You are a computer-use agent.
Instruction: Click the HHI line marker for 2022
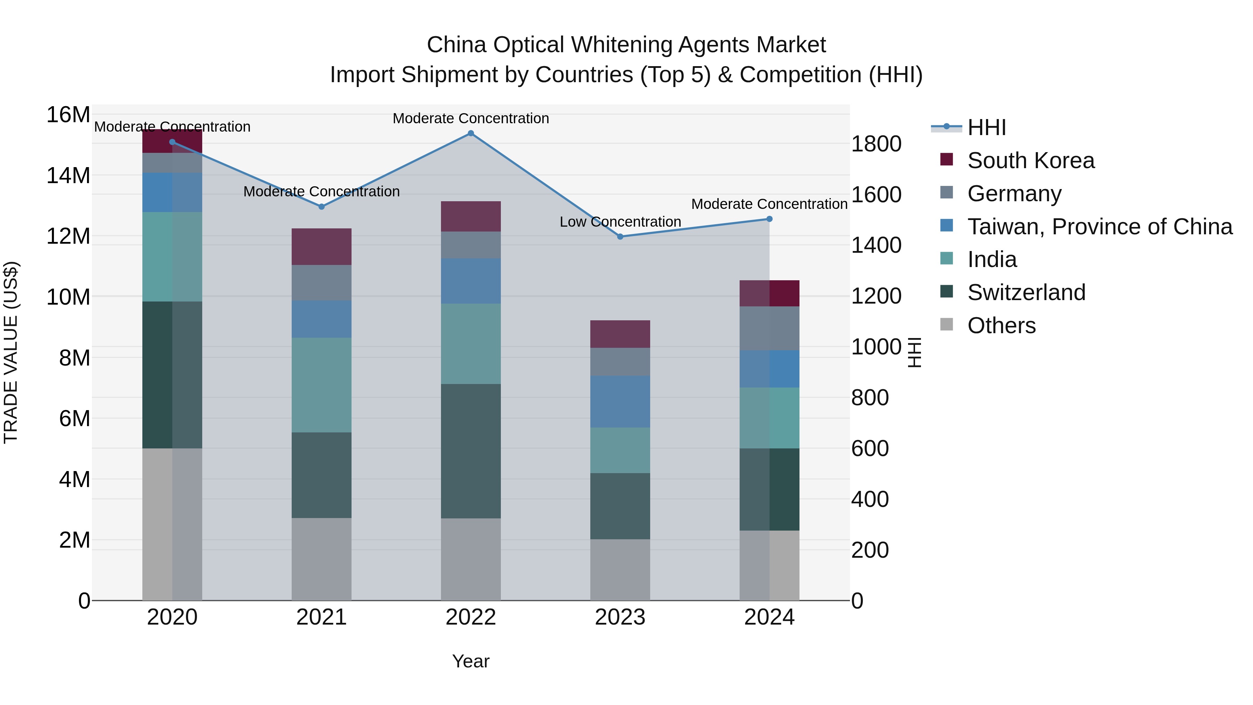(x=470, y=133)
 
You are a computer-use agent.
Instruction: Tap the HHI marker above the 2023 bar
(x=620, y=236)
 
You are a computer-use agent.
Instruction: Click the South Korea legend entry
(x=1031, y=160)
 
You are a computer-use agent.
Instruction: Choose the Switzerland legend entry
(x=1026, y=292)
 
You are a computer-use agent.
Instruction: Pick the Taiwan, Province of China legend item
(x=1099, y=227)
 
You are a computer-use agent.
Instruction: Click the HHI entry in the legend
(x=986, y=127)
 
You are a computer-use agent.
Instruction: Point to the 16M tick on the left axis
(x=68, y=115)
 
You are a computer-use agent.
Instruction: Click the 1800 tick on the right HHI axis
(x=876, y=144)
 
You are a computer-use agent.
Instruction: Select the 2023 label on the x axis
(x=620, y=617)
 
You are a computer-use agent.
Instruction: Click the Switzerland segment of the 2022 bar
(x=470, y=451)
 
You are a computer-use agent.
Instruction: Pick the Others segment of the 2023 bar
(x=620, y=569)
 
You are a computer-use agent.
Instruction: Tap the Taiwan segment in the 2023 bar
(x=620, y=401)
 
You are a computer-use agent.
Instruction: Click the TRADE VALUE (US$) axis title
(x=11, y=352)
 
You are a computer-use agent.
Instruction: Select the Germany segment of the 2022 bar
(x=470, y=245)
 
